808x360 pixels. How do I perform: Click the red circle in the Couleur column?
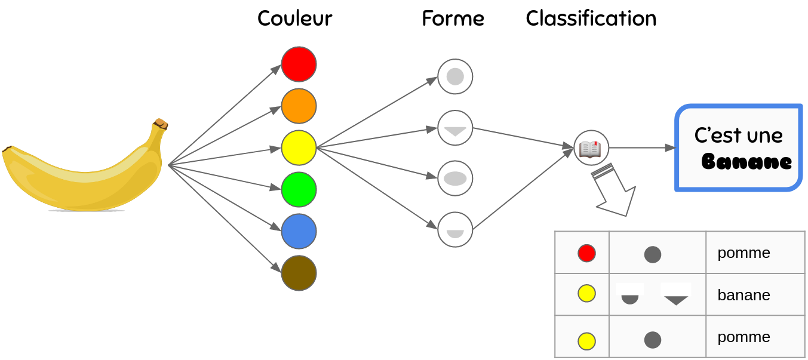click(299, 64)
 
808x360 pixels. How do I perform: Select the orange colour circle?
click(299, 106)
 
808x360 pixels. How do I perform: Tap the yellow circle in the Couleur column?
click(299, 147)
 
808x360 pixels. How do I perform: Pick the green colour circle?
click(299, 189)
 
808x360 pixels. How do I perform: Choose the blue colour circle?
click(299, 231)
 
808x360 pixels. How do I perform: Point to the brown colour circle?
click(299, 273)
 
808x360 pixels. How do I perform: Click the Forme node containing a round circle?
click(455, 76)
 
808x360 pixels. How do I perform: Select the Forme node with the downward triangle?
click(455, 128)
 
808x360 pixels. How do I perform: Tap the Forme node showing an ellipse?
click(455, 178)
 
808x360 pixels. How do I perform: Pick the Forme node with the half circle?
click(455, 230)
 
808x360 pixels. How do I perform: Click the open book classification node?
click(591, 147)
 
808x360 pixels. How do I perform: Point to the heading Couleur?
click(294, 19)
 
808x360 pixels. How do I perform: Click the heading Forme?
click(453, 19)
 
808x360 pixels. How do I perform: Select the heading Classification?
click(591, 19)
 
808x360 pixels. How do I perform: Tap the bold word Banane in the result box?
click(746, 162)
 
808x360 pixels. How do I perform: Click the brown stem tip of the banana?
click(161, 124)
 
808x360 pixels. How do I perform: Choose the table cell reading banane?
click(744, 295)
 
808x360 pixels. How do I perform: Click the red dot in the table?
click(586, 253)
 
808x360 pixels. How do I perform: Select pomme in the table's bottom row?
click(744, 337)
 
